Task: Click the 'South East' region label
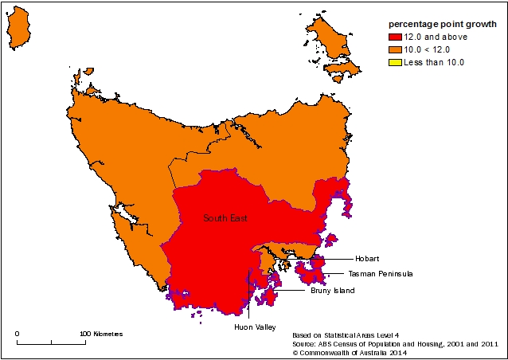pyautogui.click(x=224, y=217)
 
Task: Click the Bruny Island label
pyautogui.click(x=332, y=291)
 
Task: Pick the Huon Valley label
pyautogui.click(x=253, y=327)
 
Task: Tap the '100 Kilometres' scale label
pyautogui.click(x=102, y=334)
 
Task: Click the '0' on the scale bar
pyautogui.click(x=18, y=334)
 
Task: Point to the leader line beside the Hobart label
pyautogui.click(x=338, y=259)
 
